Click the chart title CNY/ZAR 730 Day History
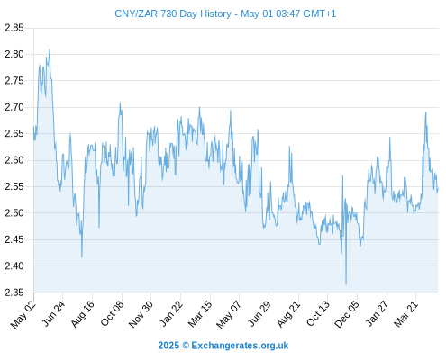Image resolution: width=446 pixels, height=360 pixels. tap(173, 13)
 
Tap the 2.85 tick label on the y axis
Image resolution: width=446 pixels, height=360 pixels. tap(14, 28)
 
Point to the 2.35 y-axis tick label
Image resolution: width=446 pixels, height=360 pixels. tap(14, 292)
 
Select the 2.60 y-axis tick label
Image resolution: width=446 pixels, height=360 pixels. tap(14, 160)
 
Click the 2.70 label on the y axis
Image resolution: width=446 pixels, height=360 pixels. tap(14, 107)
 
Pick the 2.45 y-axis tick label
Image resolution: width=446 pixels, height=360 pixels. tap(14, 239)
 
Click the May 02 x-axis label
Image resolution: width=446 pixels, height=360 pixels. tap(23, 314)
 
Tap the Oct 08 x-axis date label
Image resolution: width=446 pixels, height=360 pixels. tap(112, 313)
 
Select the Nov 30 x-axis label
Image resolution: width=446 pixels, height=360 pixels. tap(141, 314)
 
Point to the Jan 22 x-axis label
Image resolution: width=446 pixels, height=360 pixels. tap(171, 313)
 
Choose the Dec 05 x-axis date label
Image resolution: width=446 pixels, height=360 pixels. tap(347, 314)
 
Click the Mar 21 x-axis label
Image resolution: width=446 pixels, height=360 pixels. tap(406, 314)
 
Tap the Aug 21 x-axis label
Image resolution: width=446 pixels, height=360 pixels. tap(288, 314)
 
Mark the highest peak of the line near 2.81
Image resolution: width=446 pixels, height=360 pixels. tap(50, 49)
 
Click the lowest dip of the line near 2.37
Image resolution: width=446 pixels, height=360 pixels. tap(346, 284)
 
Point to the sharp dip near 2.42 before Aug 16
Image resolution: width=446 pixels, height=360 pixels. tap(82, 257)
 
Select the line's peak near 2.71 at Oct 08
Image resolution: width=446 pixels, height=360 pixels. tap(120, 103)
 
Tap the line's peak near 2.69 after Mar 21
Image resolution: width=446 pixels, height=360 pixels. tap(425, 112)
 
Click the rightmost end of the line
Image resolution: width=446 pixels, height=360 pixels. tap(438, 189)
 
